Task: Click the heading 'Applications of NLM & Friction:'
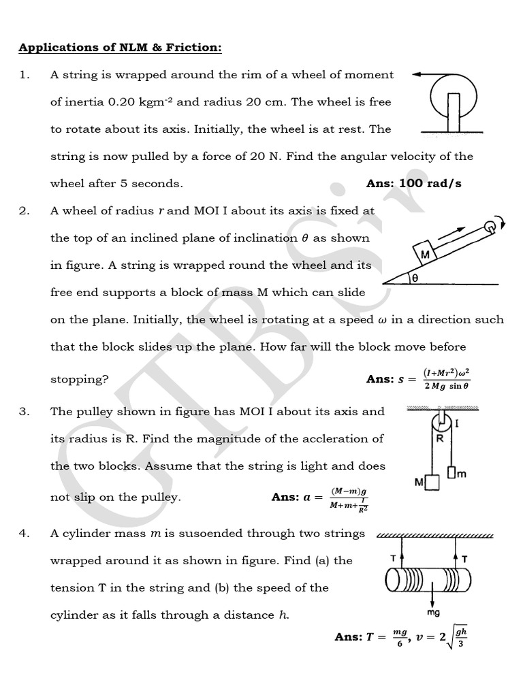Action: [x=120, y=48]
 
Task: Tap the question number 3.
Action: [x=24, y=412]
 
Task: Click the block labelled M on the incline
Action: [x=427, y=255]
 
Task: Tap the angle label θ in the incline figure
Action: [x=415, y=278]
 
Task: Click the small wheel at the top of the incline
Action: [x=489, y=226]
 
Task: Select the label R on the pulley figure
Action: [x=440, y=439]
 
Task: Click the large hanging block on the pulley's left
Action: [x=433, y=483]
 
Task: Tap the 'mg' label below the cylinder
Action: [x=433, y=613]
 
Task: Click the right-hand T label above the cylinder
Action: [x=464, y=559]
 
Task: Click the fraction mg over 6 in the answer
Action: [x=399, y=638]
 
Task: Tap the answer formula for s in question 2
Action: [x=446, y=379]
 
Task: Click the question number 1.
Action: [x=24, y=75]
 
